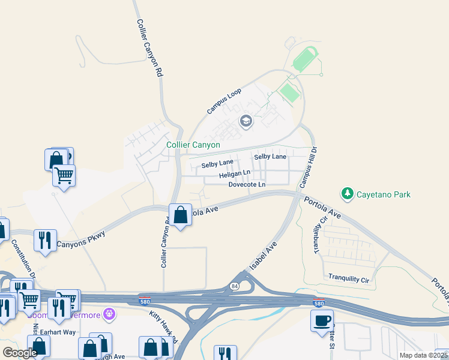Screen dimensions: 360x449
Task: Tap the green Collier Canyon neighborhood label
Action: [x=193, y=145]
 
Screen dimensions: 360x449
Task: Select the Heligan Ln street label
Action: [x=235, y=173]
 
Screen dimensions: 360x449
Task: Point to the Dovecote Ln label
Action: [x=247, y=184]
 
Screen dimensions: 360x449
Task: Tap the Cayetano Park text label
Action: [x=384, y=194]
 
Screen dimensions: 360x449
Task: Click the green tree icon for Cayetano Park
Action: [x=347, y=193]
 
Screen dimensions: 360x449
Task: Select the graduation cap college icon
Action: [x=246, y=121]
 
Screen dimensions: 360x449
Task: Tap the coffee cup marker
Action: [x=322, y=320]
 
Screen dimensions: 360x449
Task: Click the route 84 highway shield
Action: [x=234, y=287]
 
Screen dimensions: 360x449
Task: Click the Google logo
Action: [x=20, y=352]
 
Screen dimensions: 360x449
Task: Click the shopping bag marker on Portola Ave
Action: [x=180, y=215]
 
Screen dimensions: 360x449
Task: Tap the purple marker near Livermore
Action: [x=109, y=313]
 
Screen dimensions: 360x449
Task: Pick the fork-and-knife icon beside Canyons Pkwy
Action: [x=45, y=241]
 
